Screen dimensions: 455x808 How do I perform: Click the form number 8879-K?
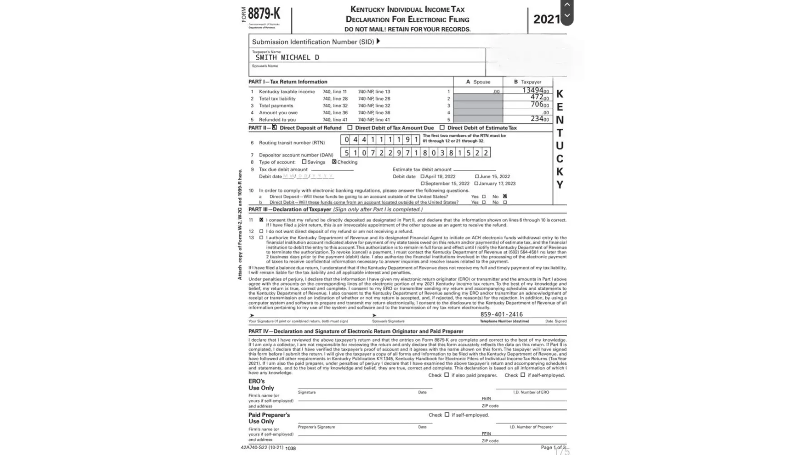coord(264,14)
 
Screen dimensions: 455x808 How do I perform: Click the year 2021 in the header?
coord(546,19)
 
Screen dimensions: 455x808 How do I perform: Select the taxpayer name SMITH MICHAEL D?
coord(287,57)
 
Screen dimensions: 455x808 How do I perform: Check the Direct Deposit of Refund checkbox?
coord(274,127)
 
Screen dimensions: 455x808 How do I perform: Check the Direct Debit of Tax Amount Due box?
coord(350,128)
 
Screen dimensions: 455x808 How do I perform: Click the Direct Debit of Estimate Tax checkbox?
coord(442,128)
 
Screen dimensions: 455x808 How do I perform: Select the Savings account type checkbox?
coord(304,162)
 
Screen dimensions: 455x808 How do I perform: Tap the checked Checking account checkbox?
coord(334,162)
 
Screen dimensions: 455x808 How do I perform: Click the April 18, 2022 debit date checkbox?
coord(423,177)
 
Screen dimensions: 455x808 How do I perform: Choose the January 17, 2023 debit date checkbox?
coord(476,184)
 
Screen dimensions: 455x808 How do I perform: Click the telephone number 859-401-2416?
coord(501,314)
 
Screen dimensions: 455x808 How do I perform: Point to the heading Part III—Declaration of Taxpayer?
coord(289,210)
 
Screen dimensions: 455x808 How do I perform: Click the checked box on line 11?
coord(261,220)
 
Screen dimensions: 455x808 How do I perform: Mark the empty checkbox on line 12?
coord(261,231)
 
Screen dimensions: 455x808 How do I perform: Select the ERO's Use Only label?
coord(261,384)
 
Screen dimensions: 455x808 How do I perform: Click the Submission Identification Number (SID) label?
coord(313,42)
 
